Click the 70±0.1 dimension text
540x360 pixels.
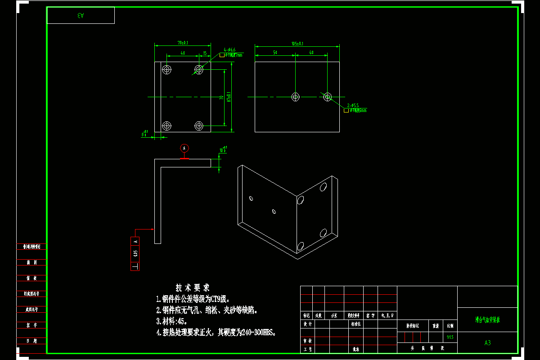point(183,43)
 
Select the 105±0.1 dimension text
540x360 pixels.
point(297,44)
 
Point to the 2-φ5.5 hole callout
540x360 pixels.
point(353,105)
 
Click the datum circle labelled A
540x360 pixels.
point(184,148)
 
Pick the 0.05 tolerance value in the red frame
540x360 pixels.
point(135,254)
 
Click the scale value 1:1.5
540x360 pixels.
point(450,337)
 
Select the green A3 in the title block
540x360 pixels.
point(487,343)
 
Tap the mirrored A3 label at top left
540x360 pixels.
point(81,15)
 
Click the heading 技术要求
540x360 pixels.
point(193,288)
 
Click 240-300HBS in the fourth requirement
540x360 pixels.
point(256,333)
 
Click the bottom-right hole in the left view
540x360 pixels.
point(199,126)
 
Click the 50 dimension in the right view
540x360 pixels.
point(274,53)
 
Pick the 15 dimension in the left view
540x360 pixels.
point(205,53)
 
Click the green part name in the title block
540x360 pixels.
point(487,320)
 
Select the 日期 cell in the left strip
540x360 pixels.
point(31,341)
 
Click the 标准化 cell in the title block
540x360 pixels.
point(356,324)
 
